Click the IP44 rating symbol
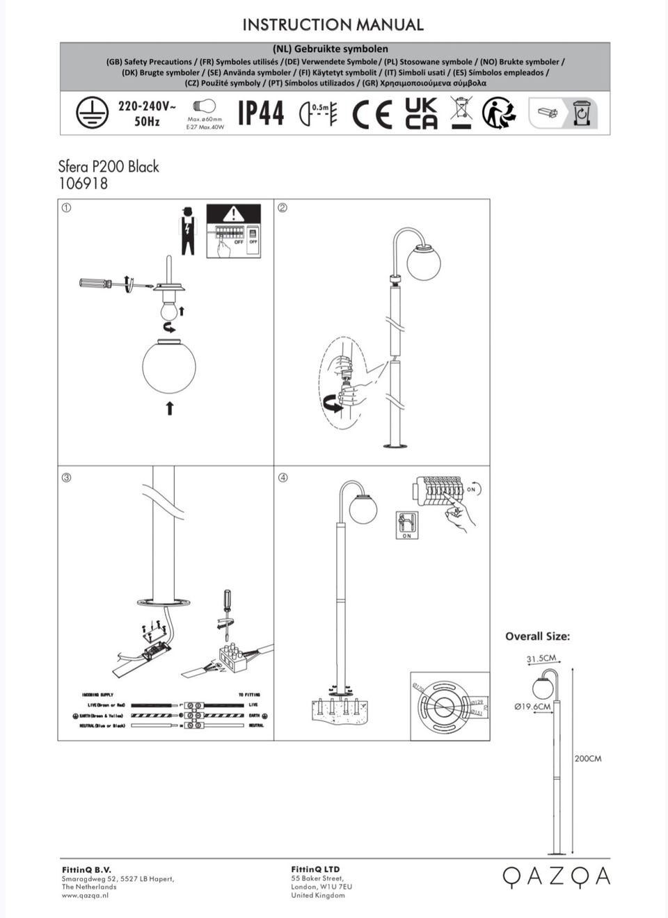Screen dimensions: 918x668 (261, 113)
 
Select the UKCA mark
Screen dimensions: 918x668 (421, 113)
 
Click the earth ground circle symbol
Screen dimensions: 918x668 (92, 112)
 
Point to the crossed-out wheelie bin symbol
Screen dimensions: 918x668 (461, 113)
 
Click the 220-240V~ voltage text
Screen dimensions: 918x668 (147, 106)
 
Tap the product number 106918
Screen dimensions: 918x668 (83, 184)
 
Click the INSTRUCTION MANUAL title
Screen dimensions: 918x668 (333, 25)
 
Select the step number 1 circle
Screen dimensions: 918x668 (66, 207)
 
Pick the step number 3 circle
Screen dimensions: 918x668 (66, 477)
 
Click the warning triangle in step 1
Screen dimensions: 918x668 (234, 214)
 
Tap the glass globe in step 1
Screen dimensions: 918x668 (169, 366)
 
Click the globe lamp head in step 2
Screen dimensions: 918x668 (424, 262)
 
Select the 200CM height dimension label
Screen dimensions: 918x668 (588, 758)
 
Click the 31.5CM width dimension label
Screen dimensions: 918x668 (541, 658)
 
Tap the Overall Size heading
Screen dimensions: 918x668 (537, 636)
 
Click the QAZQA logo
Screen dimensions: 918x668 (556, 876)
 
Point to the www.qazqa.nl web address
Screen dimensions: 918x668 (85, 895)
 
